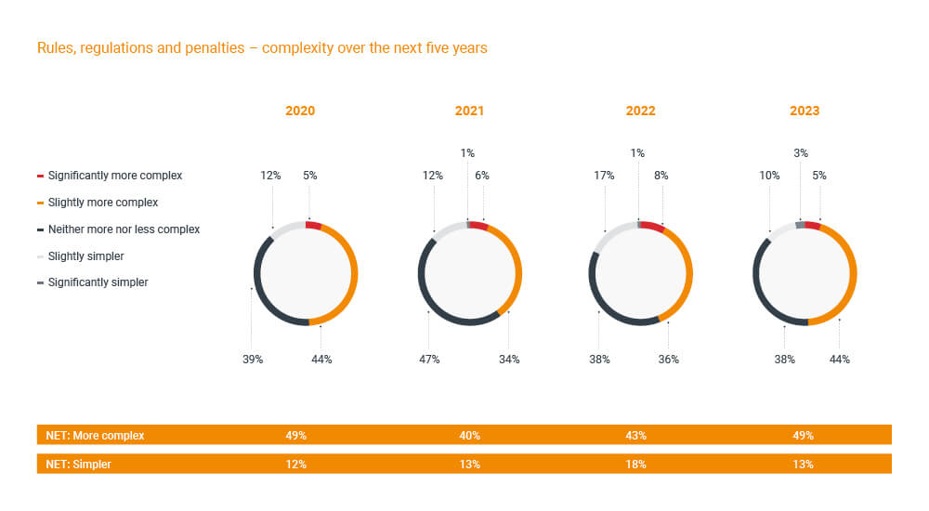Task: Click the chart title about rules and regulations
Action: pos(262,48)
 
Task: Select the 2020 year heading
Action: pos(300,111)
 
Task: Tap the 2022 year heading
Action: pos(640,111)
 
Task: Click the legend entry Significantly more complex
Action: pos(114,176)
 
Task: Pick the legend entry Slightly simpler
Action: pos(85,255)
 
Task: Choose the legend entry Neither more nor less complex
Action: pos(124,229)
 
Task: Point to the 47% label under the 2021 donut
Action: pos(430,359)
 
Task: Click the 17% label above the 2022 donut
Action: pos(605,175)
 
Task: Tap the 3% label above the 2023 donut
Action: pos(801,153)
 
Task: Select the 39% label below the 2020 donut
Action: pos(253,359)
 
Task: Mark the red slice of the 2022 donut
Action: pos(652,228)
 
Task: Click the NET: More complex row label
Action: pos(96,435)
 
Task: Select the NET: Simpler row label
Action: pos(79,464)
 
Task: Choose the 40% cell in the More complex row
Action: pos(469,435)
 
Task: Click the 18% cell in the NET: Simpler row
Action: pos(640,464)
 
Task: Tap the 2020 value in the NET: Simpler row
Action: pos(300,464)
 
